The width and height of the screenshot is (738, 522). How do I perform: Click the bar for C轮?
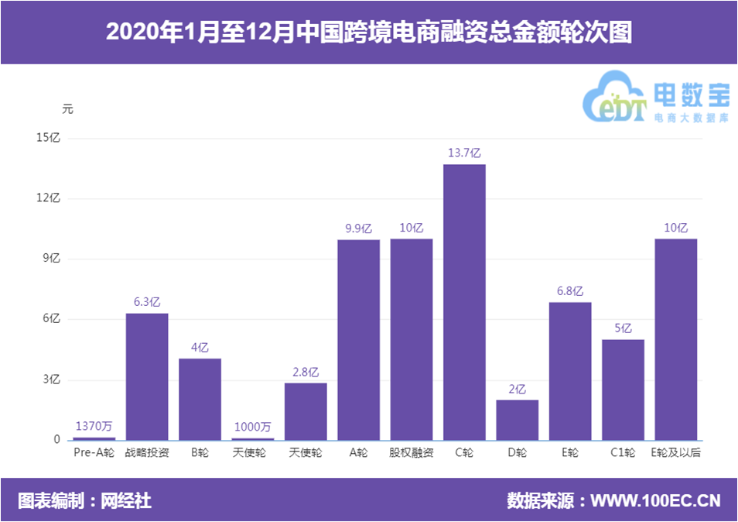pos(464,302)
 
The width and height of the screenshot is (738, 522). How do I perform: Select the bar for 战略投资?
pos(147,376)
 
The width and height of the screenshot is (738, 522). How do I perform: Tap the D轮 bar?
pos(517,420)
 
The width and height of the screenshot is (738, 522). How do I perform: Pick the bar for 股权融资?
pos(412,339)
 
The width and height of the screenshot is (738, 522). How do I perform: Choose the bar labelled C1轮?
pos(623,390)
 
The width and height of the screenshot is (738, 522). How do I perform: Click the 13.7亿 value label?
pos(464,153)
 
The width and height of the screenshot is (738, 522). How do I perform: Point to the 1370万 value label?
pos(94,426)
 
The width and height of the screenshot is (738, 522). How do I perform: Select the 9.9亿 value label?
pos(358,228)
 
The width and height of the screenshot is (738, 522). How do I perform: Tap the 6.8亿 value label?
pos(570,291)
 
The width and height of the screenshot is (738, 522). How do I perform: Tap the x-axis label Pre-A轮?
pos(94,452)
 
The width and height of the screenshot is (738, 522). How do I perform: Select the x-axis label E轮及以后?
pos(676,452)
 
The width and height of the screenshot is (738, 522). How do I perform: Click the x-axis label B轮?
pos(200,452)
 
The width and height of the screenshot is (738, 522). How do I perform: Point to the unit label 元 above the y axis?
pos(67,109)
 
